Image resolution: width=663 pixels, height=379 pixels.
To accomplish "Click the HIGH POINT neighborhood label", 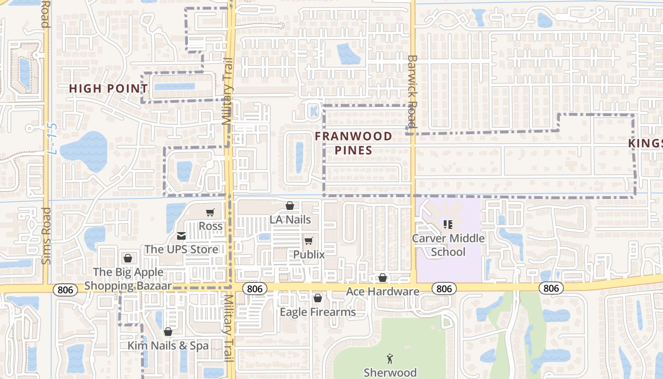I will pyautogui.click(x=108, y=89).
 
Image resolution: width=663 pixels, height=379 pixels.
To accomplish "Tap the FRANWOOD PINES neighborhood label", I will pyautogui.click(x=354, y=143).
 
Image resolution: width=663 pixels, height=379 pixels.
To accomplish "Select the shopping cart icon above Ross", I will pyautogui.click(x=210, y=213).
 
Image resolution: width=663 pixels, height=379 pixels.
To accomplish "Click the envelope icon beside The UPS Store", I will pyautogui.click(x=181, y=236).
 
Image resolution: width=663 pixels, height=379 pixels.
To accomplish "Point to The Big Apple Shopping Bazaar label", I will pyautogui.click(x=128, y=279).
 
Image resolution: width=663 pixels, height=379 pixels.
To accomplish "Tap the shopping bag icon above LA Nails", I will pyautogui.click(x=290, y=206).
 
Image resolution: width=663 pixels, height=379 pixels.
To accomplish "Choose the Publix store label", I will pyautogui.click(x=309, y=254).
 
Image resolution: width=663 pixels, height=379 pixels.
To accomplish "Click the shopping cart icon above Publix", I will pyautogui.click(x=309, y=241).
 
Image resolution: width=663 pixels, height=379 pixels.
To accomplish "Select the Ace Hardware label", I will pyautogui.click(x=383, y=291).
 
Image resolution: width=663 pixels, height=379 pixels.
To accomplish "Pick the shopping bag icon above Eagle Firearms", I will pyautogui.click(x=318, y=298).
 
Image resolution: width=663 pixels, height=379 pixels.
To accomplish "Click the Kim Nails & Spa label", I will pyautogui.click(x=168, y=346).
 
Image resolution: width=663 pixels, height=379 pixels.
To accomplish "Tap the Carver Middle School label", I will pyautogui.click(x=448, y=245).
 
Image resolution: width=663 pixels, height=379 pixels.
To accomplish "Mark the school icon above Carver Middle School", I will pyautogui.click(x=448, y=225).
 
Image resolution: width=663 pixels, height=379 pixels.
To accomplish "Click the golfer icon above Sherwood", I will pyautogui.click(x=390, y=359).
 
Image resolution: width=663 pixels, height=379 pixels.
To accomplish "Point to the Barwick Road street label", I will pyautogui.click(x=412, y=92).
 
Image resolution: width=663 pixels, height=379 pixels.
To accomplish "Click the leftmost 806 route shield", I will pyautogui.click(x=65, y=290).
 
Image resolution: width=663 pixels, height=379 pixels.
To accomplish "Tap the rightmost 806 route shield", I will pyautogui.click(x=551, y=288).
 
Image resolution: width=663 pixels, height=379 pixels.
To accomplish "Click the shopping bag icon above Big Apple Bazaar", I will pyautogui.click(x=127, y=258).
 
